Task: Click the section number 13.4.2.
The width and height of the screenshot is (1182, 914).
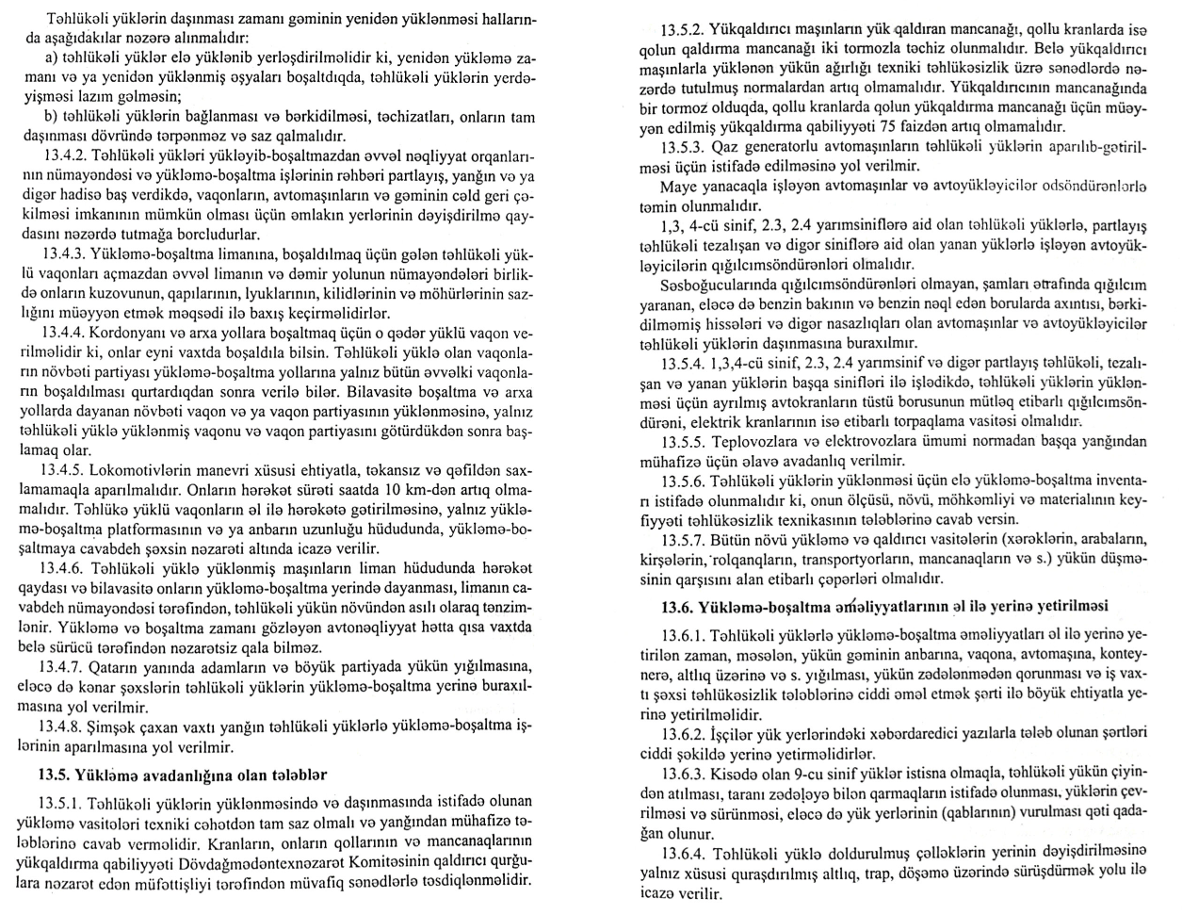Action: tap(65, 153)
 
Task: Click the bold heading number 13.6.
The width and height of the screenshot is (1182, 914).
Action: tap(683, 604)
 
